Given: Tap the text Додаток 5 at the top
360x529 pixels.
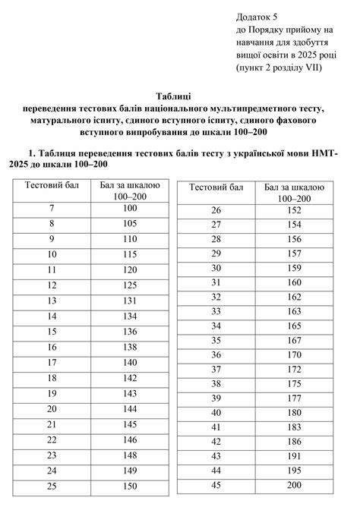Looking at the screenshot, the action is click(x=257, y=16).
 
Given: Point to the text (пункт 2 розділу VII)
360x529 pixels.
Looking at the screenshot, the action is click(x=280, y=68).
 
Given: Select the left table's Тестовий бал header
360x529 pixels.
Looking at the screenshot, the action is click(x=52, y=184).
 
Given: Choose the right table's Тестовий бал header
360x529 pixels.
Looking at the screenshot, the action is click(x=216, y=187).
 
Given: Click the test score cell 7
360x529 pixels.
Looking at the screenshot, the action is click(x=52, y=208).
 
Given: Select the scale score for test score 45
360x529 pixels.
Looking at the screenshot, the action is click(x=295, y=485).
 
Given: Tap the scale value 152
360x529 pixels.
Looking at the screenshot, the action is click(x=295, y=210).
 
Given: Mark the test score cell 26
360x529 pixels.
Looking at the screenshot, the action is click(x=216, y=210).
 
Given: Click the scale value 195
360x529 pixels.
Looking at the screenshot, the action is click(x=295, y=471).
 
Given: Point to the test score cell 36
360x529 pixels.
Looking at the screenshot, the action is click(x=216, y=354).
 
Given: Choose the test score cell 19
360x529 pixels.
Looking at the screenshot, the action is click(x=52, y=393).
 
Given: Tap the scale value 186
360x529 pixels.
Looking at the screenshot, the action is click(x=295, y=441).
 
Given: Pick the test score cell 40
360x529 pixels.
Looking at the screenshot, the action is click(x=216, y=412).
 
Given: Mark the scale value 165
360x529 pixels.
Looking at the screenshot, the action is click(x=295, y=326).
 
